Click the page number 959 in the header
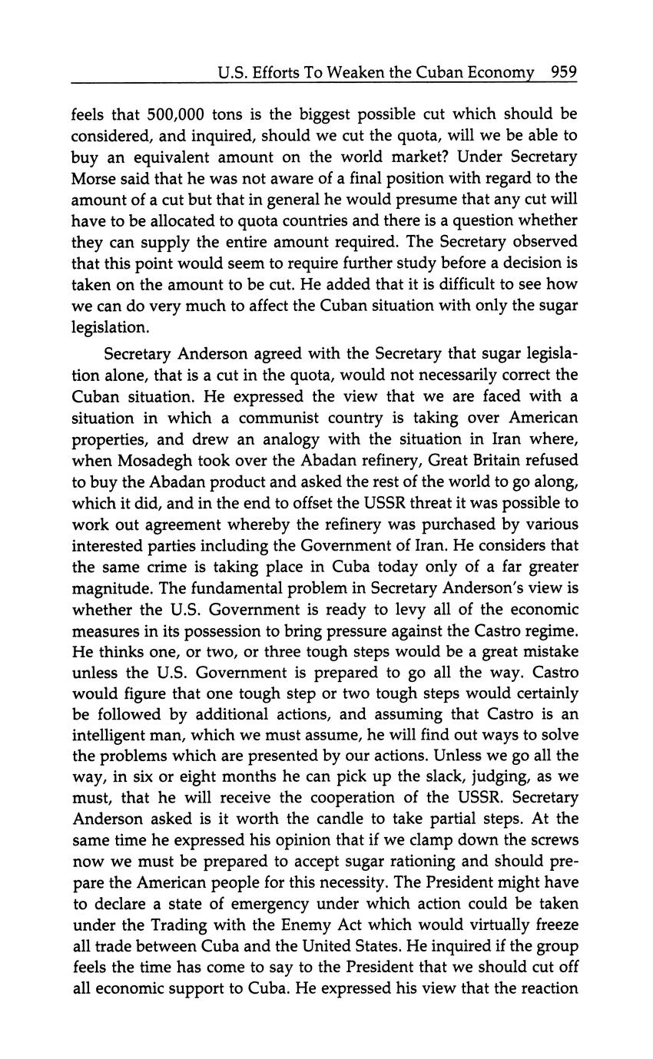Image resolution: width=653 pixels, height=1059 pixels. [563, 73]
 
